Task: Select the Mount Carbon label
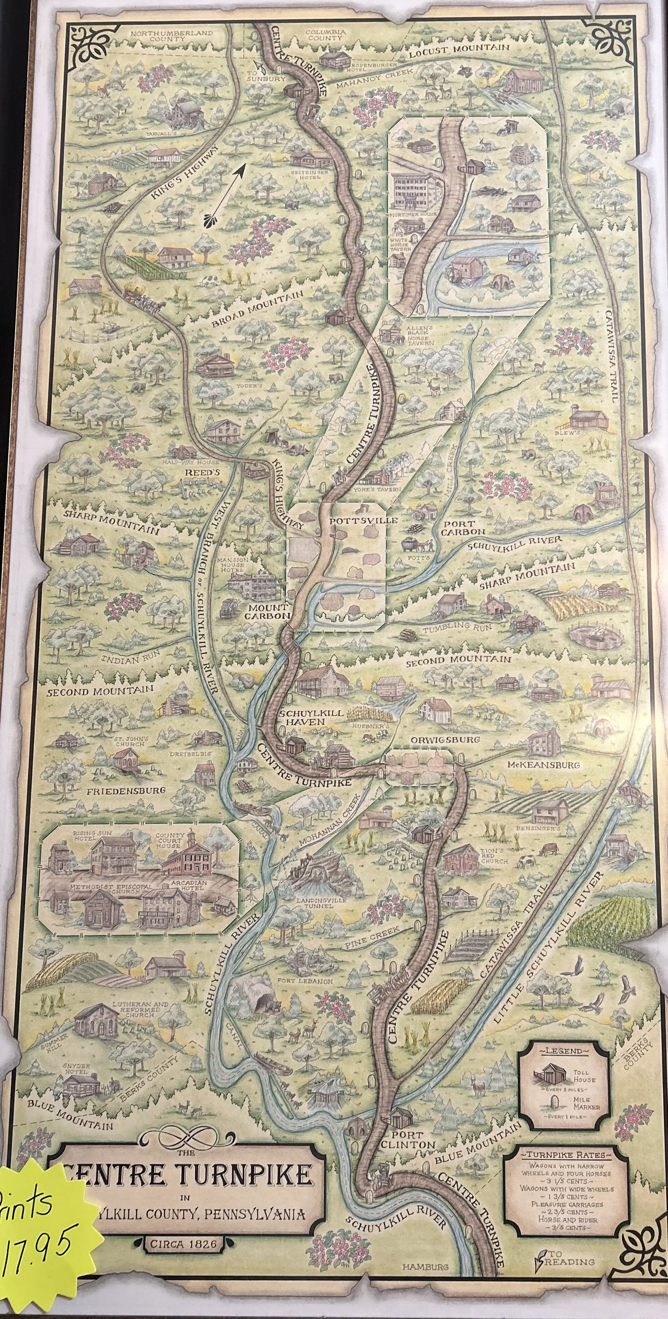[267, 611]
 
